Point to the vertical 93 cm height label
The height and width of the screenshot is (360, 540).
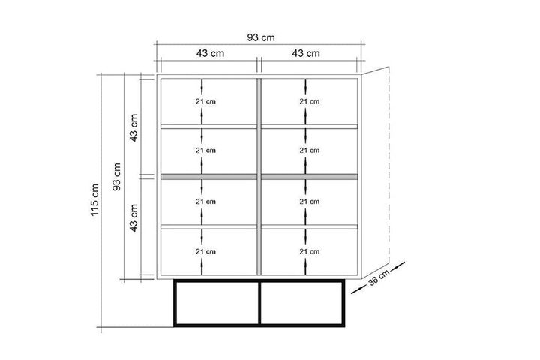(115, 177)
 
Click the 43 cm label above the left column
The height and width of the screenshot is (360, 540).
(208, 53)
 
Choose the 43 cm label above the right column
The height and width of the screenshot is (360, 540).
(306, 53)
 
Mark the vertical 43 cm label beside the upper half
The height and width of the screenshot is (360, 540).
(134, 127)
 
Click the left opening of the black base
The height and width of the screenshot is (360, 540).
(216, 304)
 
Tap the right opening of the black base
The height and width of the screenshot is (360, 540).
(303, 304)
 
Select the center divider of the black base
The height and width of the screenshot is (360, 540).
(259, 304)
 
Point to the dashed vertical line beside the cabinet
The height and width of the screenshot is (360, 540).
(391, 172)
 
